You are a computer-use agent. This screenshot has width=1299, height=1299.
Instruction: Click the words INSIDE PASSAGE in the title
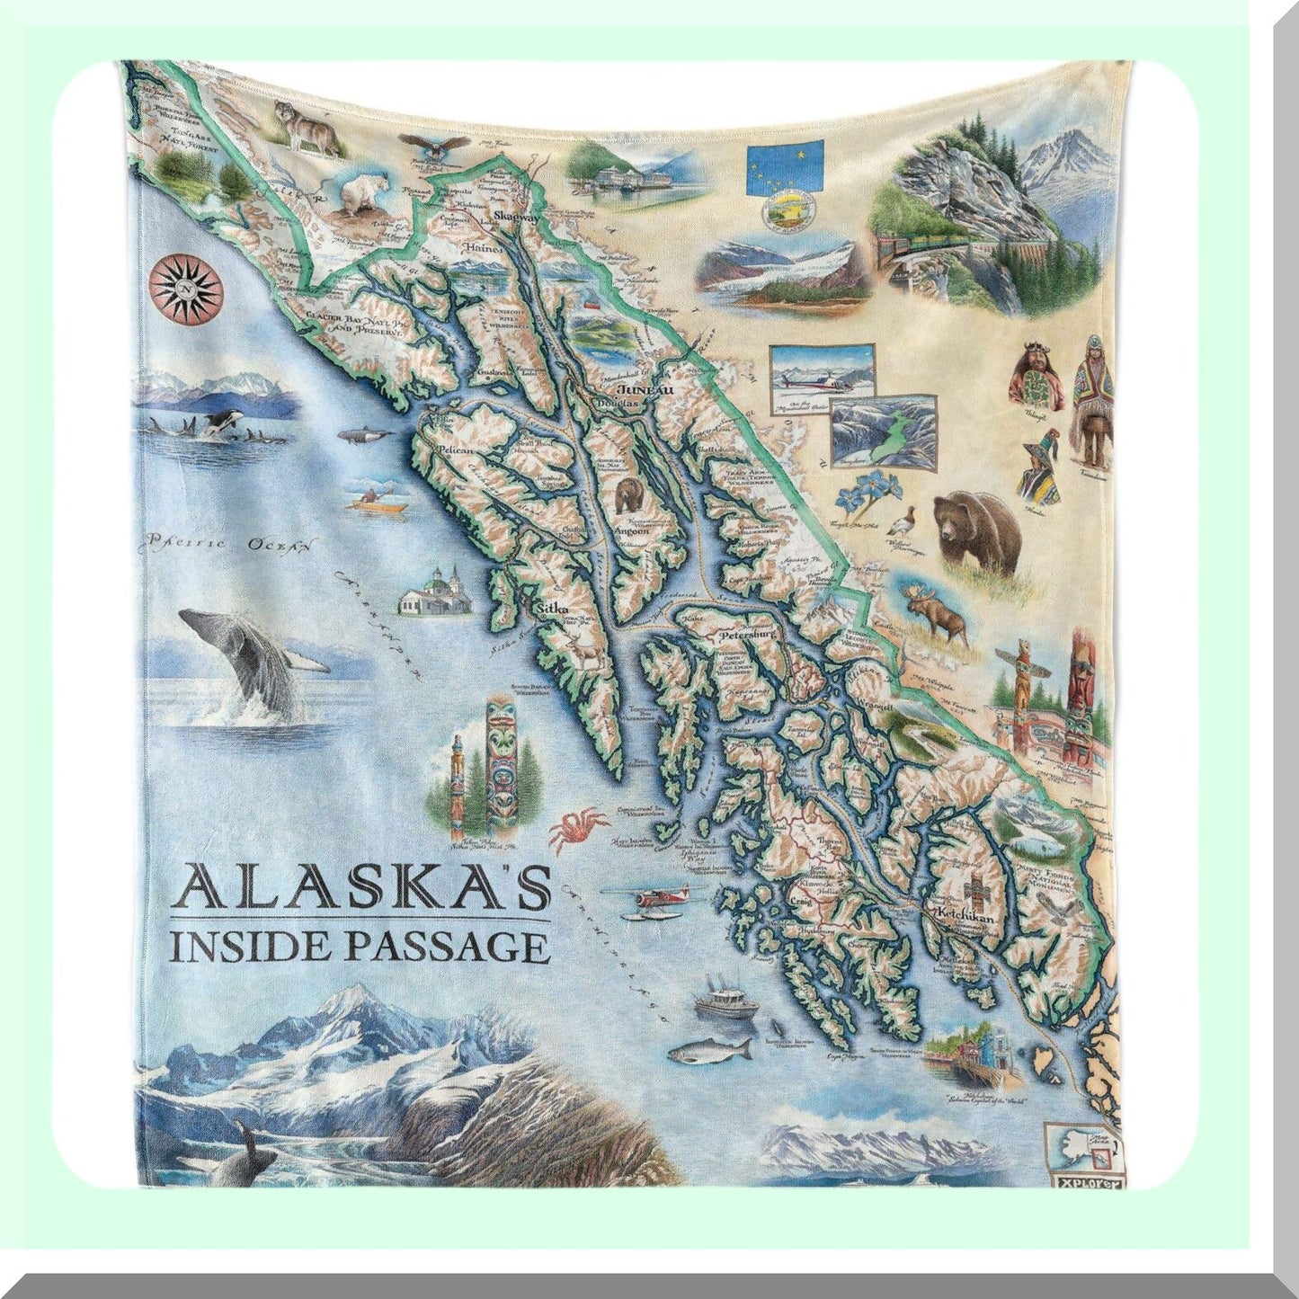click(356, 947)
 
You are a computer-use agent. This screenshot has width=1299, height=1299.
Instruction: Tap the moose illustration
click(936, 615)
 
